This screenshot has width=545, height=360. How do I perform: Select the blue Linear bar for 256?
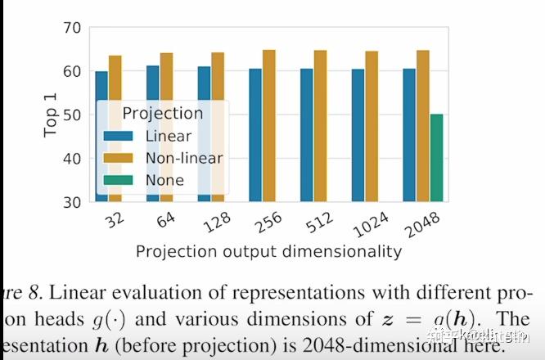[255, 134]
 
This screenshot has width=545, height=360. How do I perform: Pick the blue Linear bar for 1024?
[358, 134]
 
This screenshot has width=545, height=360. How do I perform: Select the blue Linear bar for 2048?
[410, 134]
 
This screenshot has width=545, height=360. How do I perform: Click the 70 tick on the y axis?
[71, 28]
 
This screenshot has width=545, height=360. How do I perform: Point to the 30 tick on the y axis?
[71, 201]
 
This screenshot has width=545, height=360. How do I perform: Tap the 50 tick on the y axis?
[71, 115]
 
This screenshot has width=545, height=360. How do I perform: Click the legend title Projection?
[161, 113]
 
